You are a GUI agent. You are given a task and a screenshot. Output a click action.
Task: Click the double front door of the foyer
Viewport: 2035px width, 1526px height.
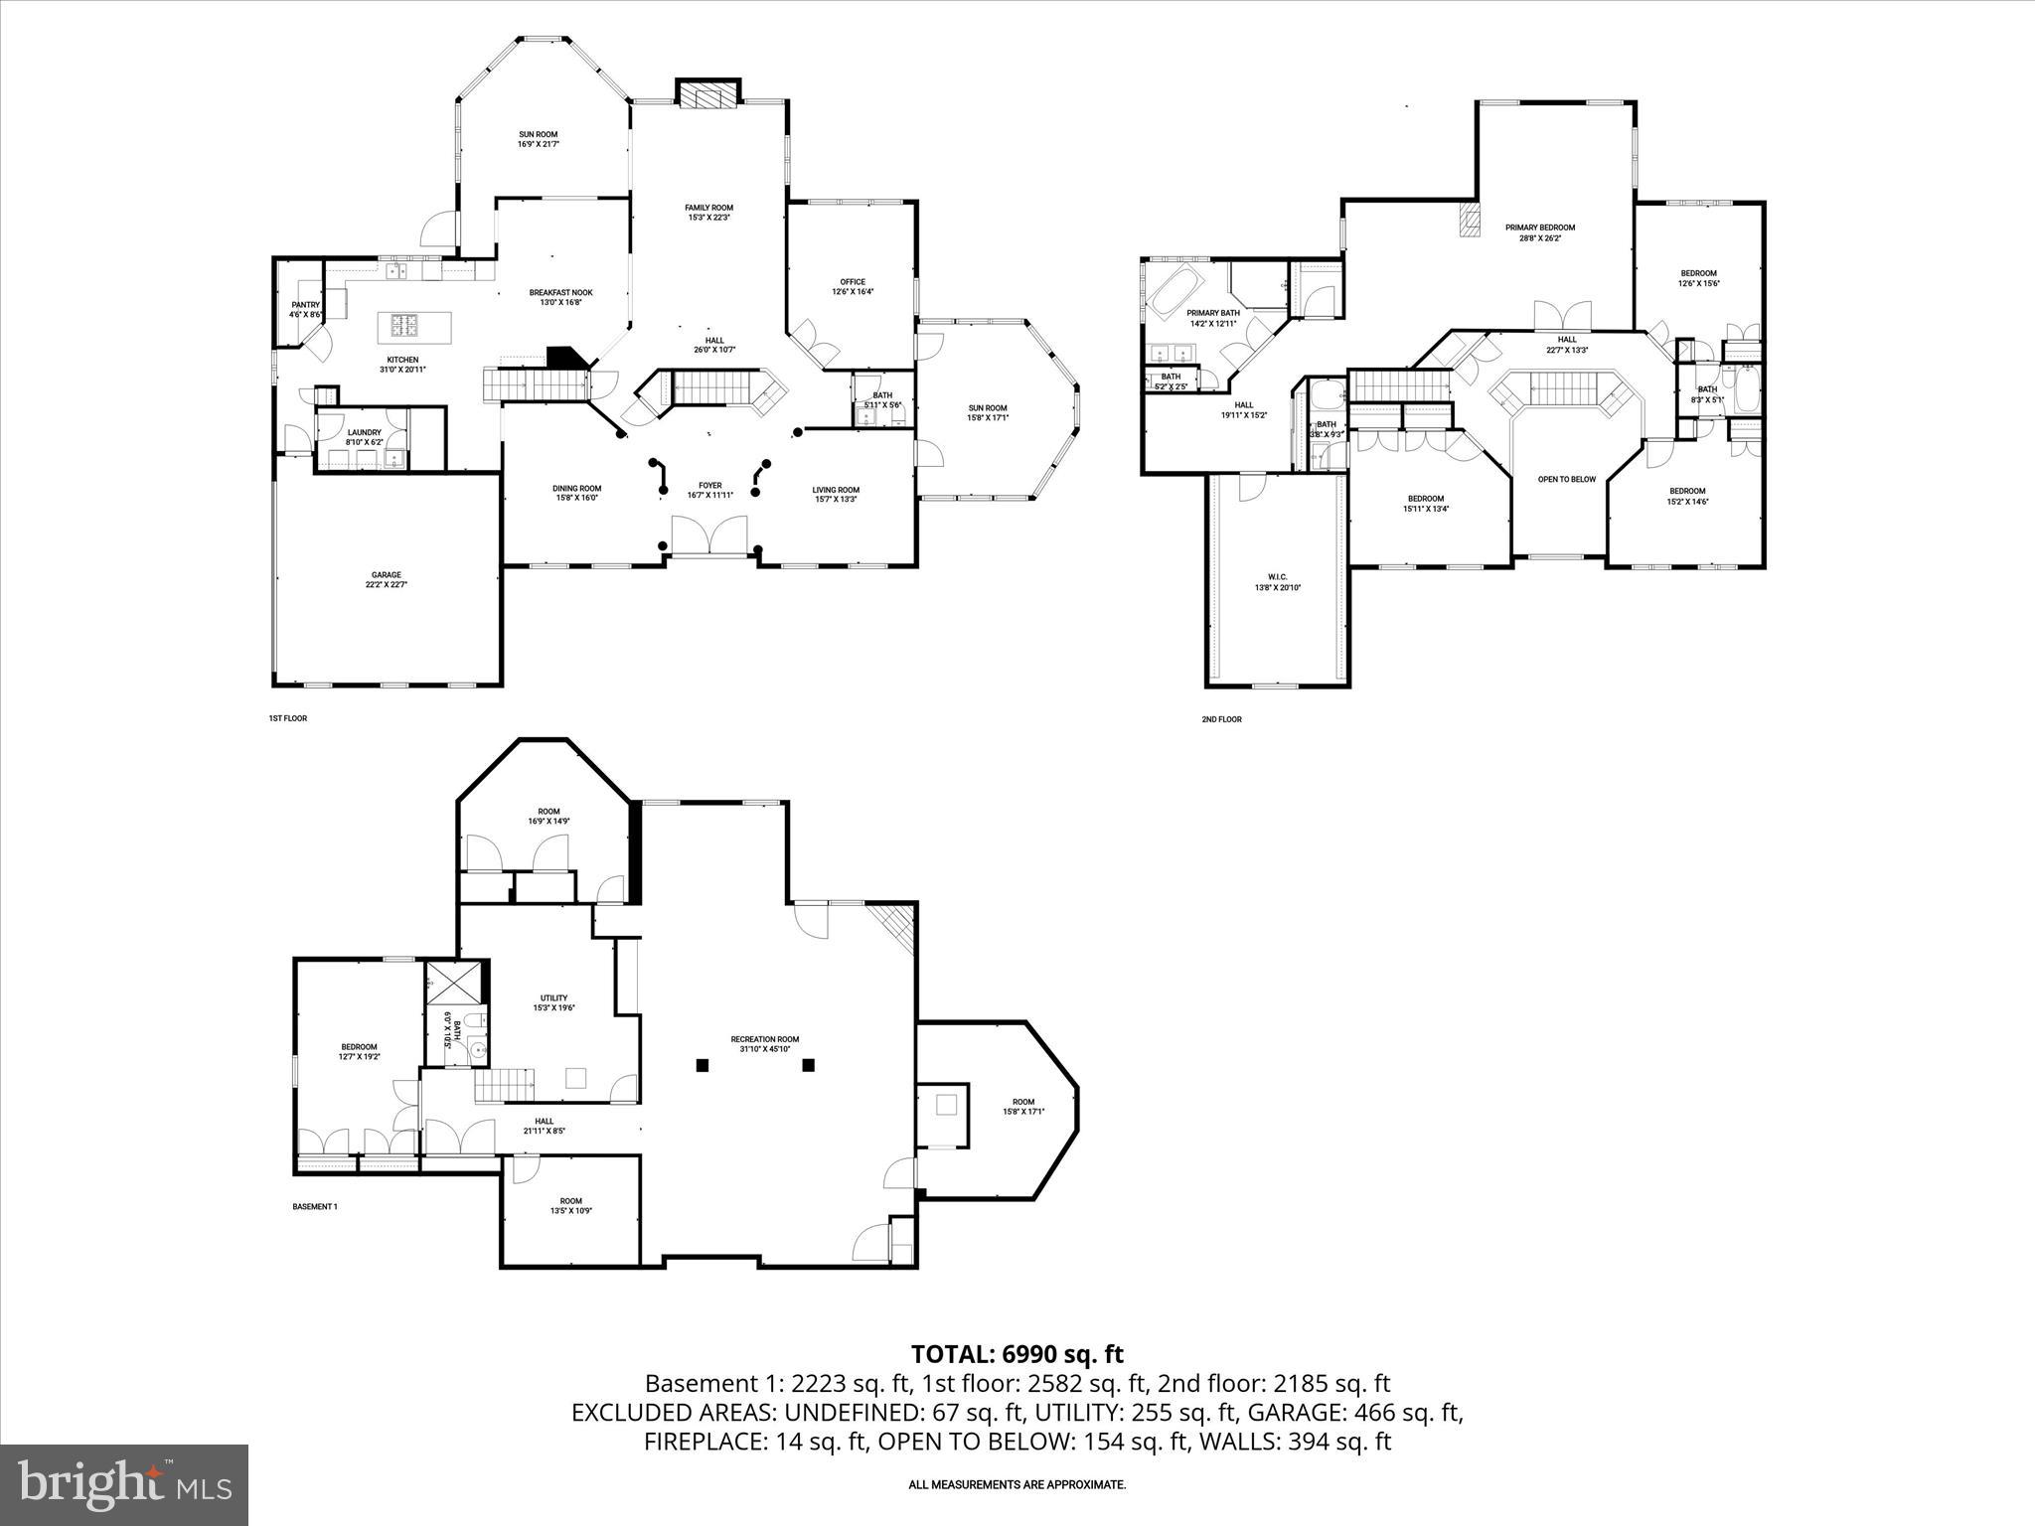pyautogui.click(x=710, y=537)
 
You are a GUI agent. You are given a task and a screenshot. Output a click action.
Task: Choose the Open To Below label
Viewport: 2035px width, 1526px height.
pyautogui.click(x=1566, y=480)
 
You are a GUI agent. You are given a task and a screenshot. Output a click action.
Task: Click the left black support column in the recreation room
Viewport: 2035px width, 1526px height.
pyautogui.click(x=703, y=1065)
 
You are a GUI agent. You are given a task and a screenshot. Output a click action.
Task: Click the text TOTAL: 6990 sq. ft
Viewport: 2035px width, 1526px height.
pyautogui.click(x=1017, y=1353)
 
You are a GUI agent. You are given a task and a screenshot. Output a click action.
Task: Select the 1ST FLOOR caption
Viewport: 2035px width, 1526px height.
pyautogui.click(x=287, y=717)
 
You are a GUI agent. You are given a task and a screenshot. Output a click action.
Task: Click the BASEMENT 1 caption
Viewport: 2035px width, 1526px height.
pyautogui.click(x=315, y=1206)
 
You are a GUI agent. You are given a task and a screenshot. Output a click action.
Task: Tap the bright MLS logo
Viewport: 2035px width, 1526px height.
pyautogui.click(x=124, y=1484)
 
